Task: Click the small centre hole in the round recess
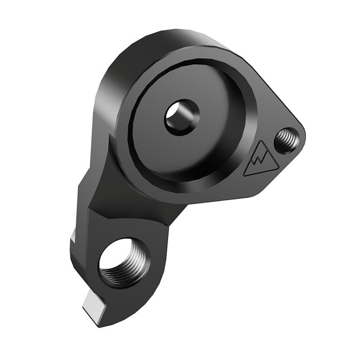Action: click(181, 117)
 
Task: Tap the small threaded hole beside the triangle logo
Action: click(286, 140)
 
